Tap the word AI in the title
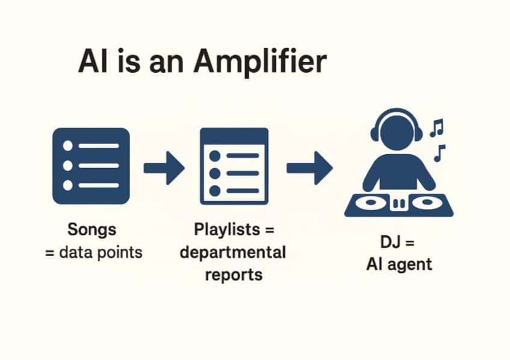tap(92, 63)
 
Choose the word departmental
tap(232, 252)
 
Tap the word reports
tap(234, 274)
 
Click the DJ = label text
tap(398, 243)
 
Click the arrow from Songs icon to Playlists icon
tap(164, 167)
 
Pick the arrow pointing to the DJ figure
tap(309, 167)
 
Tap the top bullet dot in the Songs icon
tap(67, 146)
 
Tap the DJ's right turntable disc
tap(429, 202)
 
